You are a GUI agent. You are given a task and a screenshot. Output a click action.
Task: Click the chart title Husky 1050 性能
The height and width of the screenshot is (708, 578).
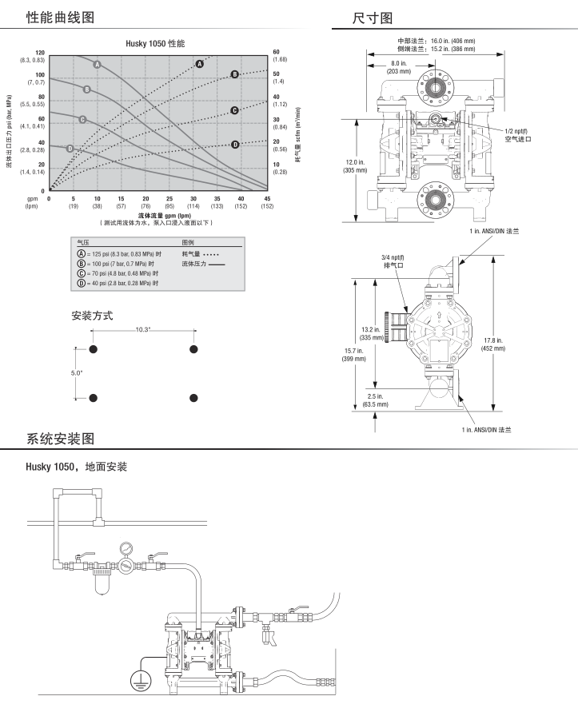point(155,44)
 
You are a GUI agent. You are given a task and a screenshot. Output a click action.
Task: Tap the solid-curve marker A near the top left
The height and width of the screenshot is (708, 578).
point(97,64)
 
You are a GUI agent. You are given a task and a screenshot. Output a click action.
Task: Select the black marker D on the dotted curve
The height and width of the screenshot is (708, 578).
point(235,145)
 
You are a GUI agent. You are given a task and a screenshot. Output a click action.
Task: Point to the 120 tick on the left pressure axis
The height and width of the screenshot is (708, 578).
point(40,53)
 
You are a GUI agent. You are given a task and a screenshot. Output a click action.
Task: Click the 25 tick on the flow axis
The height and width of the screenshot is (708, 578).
point(169,199)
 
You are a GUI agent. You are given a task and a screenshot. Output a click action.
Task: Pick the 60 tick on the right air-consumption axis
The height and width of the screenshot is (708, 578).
point(276,52)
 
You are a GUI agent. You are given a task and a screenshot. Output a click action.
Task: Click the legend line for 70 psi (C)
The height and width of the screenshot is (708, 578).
point(118,273)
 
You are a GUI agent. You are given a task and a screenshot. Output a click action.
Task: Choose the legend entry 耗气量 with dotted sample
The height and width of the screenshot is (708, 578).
point(201,254)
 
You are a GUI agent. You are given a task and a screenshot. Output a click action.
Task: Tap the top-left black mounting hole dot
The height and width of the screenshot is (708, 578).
point(93,349)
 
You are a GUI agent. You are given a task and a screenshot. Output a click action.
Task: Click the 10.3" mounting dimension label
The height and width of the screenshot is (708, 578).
point(142,329)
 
